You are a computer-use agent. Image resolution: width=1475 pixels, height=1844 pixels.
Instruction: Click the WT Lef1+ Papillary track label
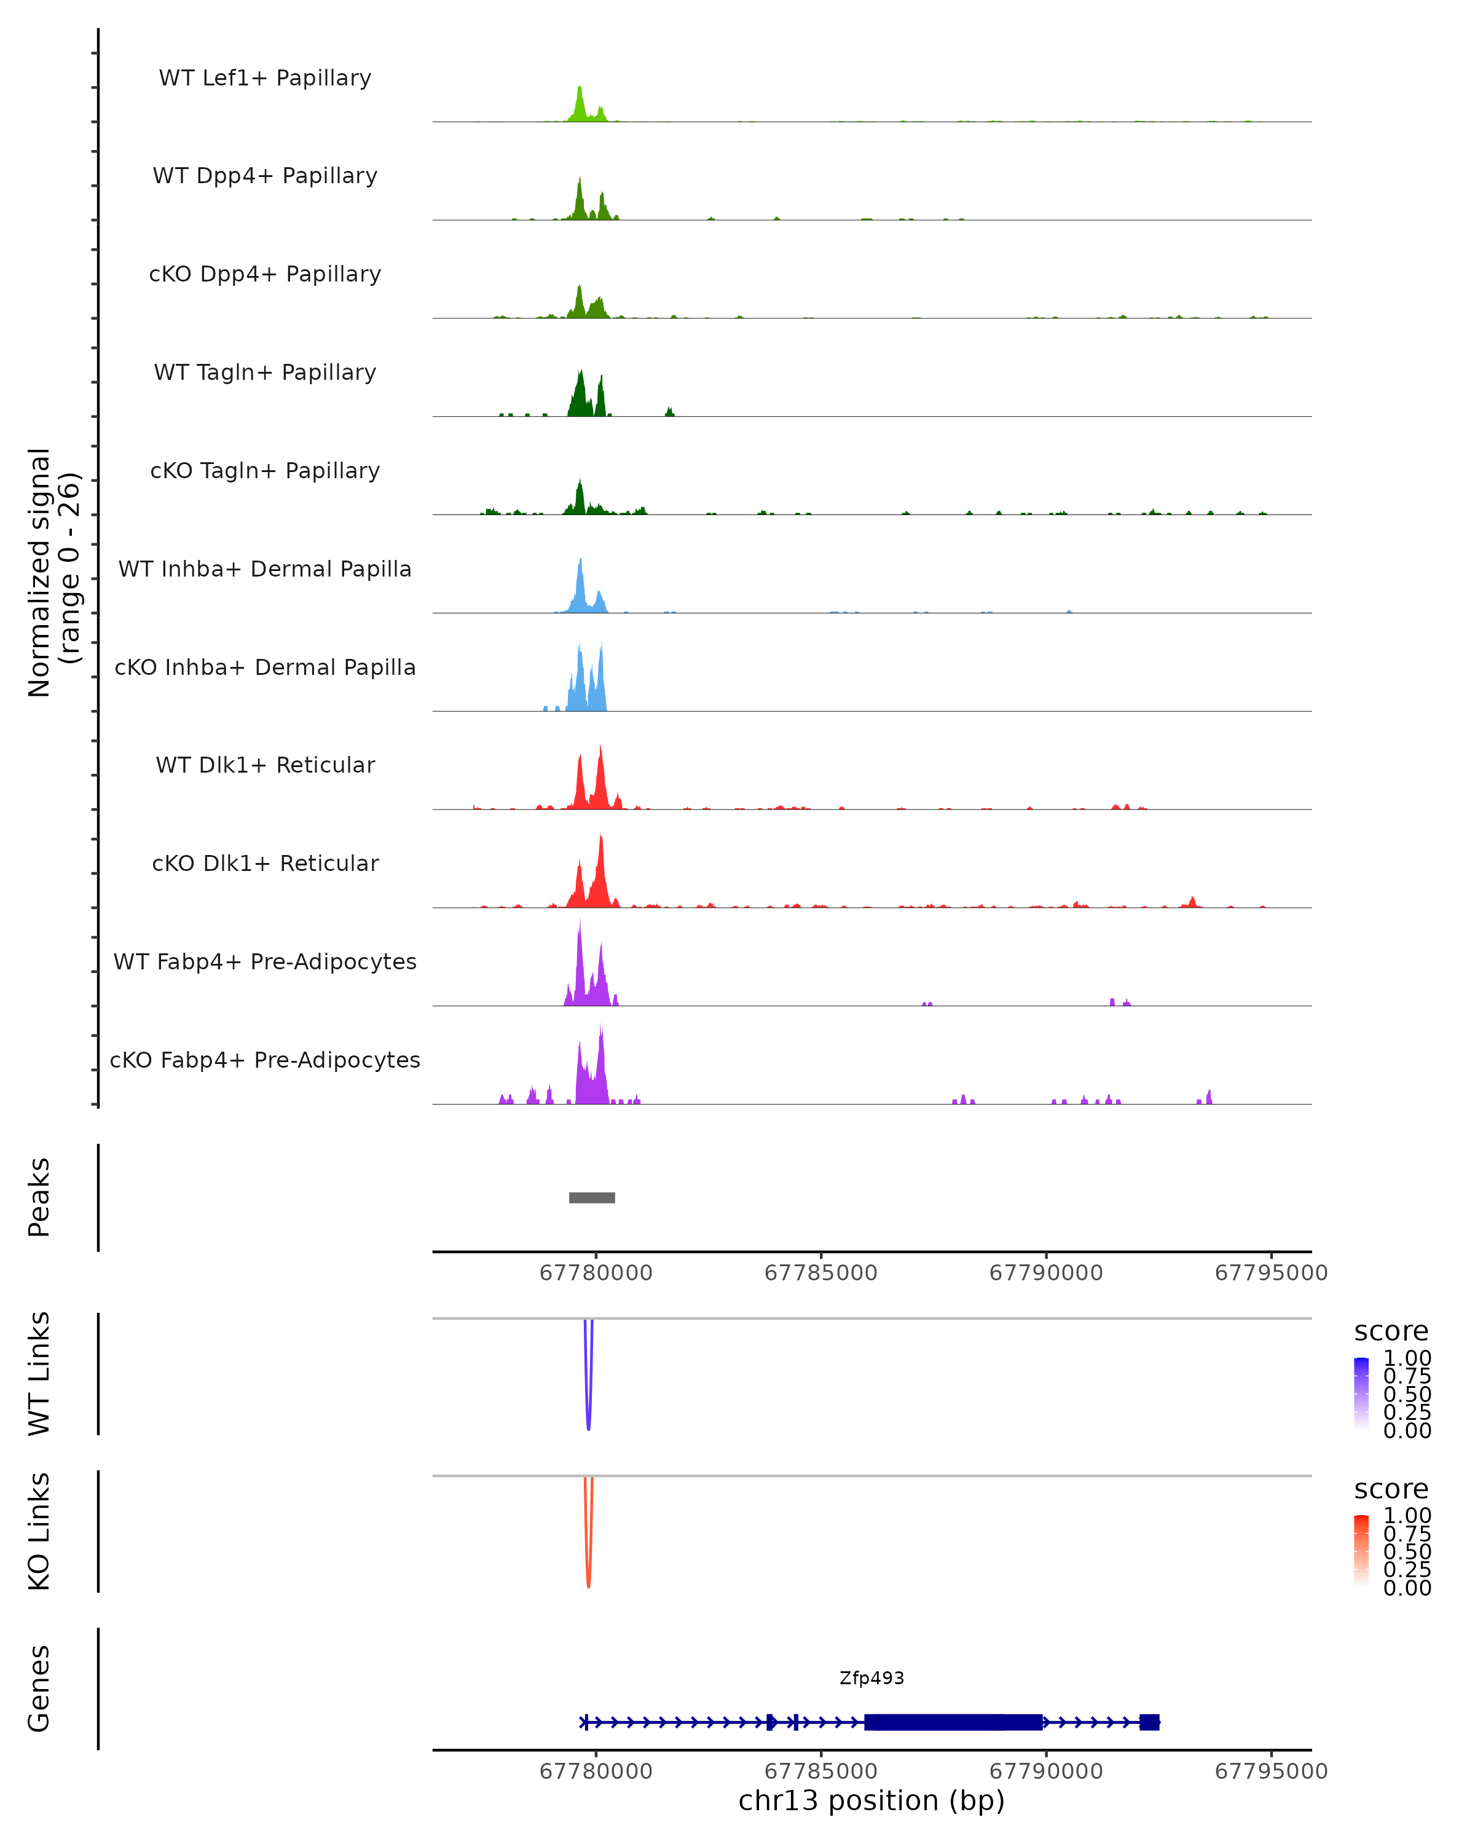coord(265,78)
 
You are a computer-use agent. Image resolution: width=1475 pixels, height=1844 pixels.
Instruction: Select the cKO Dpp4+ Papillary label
coord(265,275)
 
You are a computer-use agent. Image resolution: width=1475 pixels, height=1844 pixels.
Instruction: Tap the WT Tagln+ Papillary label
coord(265,373)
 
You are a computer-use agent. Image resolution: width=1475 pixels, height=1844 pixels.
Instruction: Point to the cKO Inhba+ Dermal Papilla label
coord(265,668)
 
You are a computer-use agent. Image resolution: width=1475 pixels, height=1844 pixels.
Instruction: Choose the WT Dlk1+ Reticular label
coord(265,765)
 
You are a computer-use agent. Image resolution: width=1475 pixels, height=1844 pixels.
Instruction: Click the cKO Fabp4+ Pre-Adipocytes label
coord(265,1060)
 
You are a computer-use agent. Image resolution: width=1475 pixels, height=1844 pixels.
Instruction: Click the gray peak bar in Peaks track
coord(592,1197)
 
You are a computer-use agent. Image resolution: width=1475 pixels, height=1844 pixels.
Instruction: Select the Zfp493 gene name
coord(871,1678)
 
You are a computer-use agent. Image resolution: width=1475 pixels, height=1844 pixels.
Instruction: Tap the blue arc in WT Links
coord(588,1411)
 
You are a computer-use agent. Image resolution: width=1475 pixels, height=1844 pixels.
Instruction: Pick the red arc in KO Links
coord(588,1569)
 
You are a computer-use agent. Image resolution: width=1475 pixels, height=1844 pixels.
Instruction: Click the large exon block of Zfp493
coord(953,1722)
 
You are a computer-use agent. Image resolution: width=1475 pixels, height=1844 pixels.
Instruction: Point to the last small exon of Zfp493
coord(1149,1722)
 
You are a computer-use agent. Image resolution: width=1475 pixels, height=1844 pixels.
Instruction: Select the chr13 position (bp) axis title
coord(871,1800)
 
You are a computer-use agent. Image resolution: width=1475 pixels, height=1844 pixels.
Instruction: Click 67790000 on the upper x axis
coord(1046,1273)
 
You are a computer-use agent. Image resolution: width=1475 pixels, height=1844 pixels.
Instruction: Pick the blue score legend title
coord(1390,1332)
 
